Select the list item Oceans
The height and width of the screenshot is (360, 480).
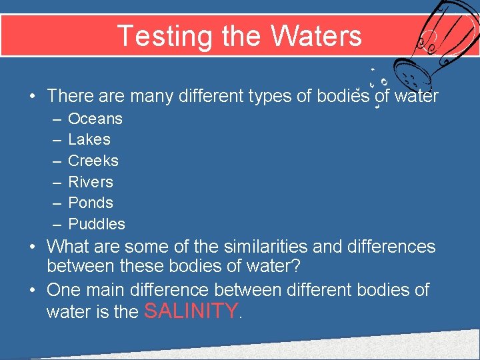point(95,119)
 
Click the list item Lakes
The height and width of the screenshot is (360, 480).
point(89,139)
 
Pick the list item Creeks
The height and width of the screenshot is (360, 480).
point(93,161)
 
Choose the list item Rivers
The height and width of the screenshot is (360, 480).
point(91,182)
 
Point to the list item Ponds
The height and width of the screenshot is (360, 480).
point(91,203)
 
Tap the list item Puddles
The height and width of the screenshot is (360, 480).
point(97,224)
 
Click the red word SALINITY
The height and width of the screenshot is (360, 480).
point(190,311)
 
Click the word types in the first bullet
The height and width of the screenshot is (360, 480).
point(269,96)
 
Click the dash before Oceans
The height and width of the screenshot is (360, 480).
point(54,119)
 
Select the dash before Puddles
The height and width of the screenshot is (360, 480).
point(54,225)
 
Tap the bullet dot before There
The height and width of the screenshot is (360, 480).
point(32,96)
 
